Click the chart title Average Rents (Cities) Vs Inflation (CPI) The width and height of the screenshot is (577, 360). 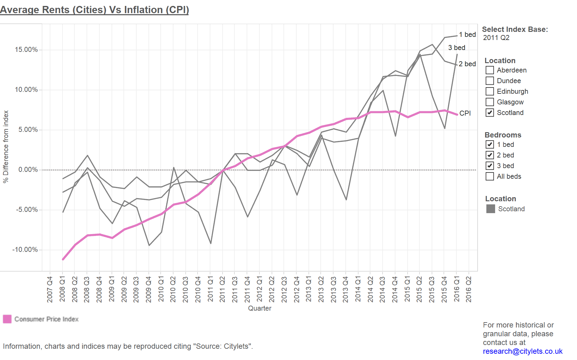[x=94, y=10]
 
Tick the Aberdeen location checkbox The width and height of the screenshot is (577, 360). [x=490, y=70]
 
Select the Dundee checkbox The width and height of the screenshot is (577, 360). [x=490, y=81]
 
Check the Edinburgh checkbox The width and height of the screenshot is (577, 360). [x=490, y=91]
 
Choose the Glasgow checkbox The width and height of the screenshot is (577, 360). [x=490, y=102]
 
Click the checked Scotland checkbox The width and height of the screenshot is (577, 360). [x=490, y=112]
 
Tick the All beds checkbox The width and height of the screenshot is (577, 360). [x=490, y=176]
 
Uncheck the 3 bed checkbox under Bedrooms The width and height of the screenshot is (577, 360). [x=490, y=166]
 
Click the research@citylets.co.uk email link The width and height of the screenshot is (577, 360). [x=523, y=351]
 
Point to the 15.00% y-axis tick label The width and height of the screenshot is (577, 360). [x=26, y=50]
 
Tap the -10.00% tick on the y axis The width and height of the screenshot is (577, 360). [x=25, y=250]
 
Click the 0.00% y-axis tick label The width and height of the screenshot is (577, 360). [x=28, y=170]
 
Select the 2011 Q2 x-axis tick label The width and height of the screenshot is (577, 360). [x=222, y=289]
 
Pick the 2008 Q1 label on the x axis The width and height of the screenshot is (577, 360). [x=62, y=289]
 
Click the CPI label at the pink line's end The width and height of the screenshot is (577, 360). [x=465, y=113]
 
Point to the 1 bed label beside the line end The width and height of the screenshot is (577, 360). [x=467, y=34]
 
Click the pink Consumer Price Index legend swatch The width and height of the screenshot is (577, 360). [x=7, y=319]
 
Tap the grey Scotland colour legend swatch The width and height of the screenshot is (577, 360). [x=491, y=209]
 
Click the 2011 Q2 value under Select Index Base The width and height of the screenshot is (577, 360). [x=496, y=37]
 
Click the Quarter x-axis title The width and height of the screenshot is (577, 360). [x=259, y=308]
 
